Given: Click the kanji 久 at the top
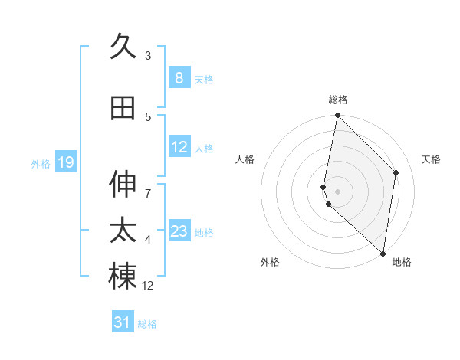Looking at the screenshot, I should click(x=123, y=47).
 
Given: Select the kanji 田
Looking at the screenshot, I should click(x=123, y=109).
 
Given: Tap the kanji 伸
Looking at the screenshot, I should click(x=123, y=185).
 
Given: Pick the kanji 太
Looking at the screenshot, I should click(x=123, y=231).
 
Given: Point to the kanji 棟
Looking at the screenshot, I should click(x=123, y=277).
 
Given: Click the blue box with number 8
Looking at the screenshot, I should click(x=179, y=78).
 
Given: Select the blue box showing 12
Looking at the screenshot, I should click(x=179, y=148).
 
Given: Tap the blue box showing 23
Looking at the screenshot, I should click(x=179, y=231).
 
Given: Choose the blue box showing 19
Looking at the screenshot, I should click(x=66, y=162).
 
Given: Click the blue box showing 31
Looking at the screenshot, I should click(x=123, y=322).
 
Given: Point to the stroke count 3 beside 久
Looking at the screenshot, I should click(x=148, y=55).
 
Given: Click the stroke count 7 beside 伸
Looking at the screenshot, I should click(x=148, y=186).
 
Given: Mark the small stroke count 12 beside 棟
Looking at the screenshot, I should click(x=149, y=286).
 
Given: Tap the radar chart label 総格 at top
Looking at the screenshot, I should click(x=338, y=100).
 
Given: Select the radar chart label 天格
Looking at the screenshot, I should click(x=432, y=159).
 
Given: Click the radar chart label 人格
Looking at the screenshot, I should click(x=245, y=159).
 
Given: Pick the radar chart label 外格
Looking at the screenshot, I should click(x=269, y=262).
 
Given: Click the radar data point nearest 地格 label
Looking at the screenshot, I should click(x=383, y=254).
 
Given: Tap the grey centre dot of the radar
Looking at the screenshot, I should click(x=338, y=191).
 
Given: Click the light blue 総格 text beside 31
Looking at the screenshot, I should click(x=147, y=324).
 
